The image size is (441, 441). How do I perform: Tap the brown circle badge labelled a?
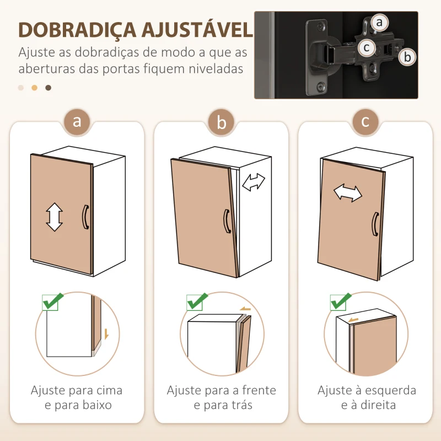(x=77, y=122)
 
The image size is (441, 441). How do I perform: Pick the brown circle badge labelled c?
(x=365, y=122)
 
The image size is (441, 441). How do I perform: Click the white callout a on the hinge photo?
(x=379, y=23)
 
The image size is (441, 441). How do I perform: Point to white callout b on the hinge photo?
(x=407, y=56)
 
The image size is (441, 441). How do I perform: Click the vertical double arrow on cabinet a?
(x=54, y=217)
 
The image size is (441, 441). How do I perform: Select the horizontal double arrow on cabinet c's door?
(x=348, y=193)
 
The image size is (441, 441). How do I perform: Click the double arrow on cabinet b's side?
(x=254, y=182)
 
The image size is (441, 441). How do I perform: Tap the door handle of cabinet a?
(x=85, y=216)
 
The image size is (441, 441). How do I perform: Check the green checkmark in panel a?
(x=53, y=301)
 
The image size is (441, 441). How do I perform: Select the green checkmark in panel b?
(x=197, y=302)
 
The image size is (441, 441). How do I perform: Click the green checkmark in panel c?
(x=340, y=302)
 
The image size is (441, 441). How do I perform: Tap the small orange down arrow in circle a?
(x=106, y=334)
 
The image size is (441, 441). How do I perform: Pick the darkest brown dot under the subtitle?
(x=48, y=88)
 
